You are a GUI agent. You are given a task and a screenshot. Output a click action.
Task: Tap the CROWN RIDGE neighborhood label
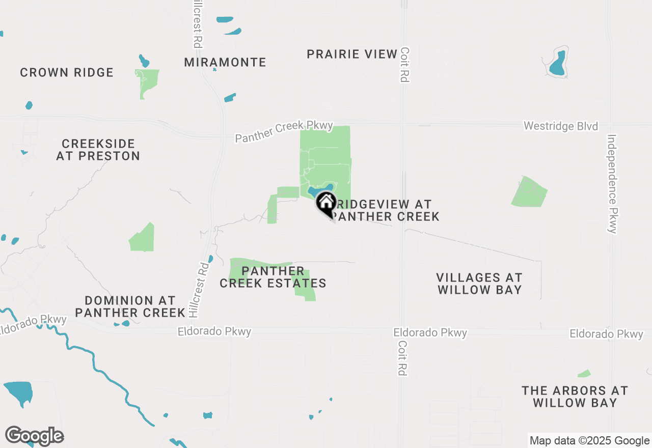tap(67, 73)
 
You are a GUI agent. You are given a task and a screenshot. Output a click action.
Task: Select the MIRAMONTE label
tap(225, 63)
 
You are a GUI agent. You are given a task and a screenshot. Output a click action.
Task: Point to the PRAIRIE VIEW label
tap(352, 54)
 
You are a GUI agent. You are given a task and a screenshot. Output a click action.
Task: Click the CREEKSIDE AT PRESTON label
tap(98, 150)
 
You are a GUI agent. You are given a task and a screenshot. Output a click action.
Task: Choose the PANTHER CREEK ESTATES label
tap(273, 277)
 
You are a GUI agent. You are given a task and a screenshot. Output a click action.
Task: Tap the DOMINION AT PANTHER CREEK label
tap(130, 306)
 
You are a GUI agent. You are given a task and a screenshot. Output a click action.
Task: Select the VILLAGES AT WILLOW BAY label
tap(479, 284)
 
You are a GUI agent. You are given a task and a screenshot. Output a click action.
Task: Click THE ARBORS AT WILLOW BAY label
tap(575, 397)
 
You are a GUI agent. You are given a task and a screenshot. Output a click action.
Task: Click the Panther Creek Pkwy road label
tap(284, 132)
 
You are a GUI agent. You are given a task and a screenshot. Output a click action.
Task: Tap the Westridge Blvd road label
tap(561, 126)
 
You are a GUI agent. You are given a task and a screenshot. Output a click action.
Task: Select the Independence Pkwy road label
tap(612, 184)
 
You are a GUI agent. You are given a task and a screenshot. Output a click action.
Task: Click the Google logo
tap(35, 436)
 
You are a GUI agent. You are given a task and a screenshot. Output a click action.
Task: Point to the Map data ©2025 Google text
tap(589, 441)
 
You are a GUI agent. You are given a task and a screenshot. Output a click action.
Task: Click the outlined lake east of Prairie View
tap(557, 63)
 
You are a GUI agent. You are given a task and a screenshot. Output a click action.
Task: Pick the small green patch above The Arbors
tap(584, 374)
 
